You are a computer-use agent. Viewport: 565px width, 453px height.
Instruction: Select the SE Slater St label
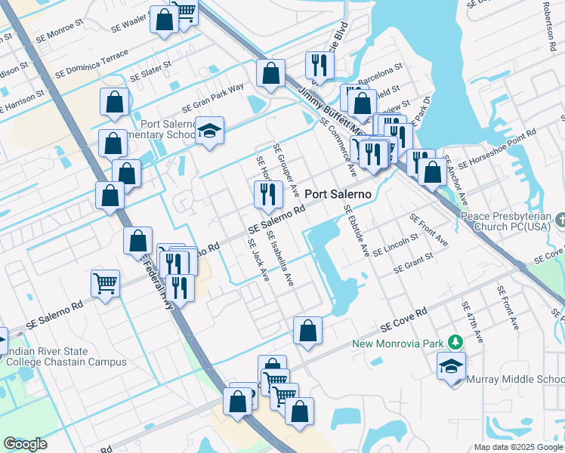click(151, 73)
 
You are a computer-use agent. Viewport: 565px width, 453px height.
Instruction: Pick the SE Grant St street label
click(412, 262)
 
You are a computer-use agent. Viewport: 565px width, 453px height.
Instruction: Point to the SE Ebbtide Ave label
click(355, 230)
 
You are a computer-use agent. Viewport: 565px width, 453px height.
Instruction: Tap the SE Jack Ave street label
click(258, 260)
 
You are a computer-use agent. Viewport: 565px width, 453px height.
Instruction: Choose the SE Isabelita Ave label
click(279, 258)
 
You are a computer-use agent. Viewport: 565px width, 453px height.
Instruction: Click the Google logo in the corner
click(25, 444)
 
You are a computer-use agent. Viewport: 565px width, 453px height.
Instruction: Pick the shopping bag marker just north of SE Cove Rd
click(307, 331)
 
